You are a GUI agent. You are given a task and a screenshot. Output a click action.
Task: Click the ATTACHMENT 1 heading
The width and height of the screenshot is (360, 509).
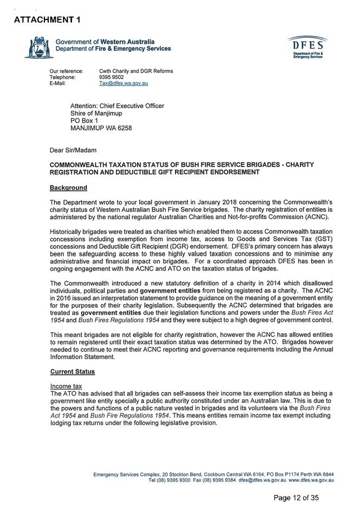[47, 20]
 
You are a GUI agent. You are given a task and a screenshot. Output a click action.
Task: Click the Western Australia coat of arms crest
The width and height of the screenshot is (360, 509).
[37, 47]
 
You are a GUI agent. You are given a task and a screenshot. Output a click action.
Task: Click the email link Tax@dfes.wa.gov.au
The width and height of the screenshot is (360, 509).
[123, 84]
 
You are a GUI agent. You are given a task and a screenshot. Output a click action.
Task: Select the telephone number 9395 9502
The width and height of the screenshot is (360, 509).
[112, 77]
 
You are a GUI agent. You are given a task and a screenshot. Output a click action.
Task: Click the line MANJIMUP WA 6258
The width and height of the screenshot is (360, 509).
[101, 129]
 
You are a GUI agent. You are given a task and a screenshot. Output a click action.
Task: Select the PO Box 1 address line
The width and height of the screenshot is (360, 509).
[84, 121]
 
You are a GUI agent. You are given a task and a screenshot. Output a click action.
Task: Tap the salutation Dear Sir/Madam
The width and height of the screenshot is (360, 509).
[73, 150]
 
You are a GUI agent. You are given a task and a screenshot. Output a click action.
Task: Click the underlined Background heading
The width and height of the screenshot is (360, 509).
[68, 188]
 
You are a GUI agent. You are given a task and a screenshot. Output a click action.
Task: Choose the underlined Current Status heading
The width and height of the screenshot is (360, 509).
[73, 372]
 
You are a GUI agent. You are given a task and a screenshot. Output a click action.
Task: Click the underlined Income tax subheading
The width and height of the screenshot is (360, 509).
[66, 386]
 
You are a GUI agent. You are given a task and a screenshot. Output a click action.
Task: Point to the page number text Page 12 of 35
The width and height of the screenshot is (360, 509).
[296, 498]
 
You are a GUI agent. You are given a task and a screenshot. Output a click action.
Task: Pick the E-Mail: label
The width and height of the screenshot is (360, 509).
[57, 84]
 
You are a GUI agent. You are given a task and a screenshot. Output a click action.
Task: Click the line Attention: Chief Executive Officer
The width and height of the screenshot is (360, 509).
[117, 106]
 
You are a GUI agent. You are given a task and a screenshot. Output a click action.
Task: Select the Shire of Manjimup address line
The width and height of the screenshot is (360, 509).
[96, 114]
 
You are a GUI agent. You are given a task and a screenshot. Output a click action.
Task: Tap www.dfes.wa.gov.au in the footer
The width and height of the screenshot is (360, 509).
[311, 480]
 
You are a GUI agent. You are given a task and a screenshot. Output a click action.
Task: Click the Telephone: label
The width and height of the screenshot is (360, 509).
[63, 77]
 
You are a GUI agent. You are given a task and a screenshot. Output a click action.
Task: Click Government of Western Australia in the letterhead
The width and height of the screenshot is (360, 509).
[105, 42]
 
